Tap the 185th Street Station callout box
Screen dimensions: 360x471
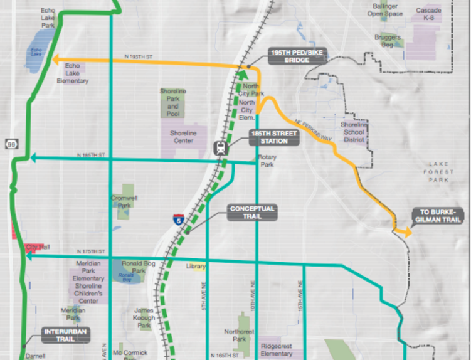[270, 137]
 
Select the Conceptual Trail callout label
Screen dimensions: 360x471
[253, 212]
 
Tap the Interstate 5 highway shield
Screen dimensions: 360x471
[179, 220]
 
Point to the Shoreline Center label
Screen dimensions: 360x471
[183, 137]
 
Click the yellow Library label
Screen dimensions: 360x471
[196, 267]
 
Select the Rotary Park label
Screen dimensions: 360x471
[267, 161]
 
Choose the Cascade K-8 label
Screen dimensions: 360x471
[428, 14]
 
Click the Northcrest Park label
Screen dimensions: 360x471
[239, 335]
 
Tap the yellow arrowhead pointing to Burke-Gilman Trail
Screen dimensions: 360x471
[408, 233]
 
